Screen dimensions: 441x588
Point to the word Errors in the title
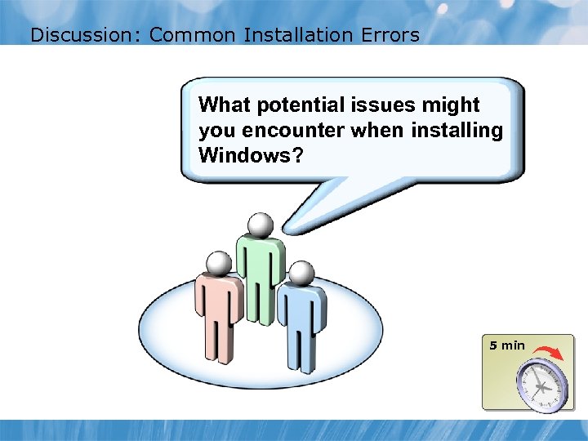389,35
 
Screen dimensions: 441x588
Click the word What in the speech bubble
225,105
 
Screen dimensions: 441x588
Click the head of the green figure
261,225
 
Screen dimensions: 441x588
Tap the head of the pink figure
219,263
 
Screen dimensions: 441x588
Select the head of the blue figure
301,273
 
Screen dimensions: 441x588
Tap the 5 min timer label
507,345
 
